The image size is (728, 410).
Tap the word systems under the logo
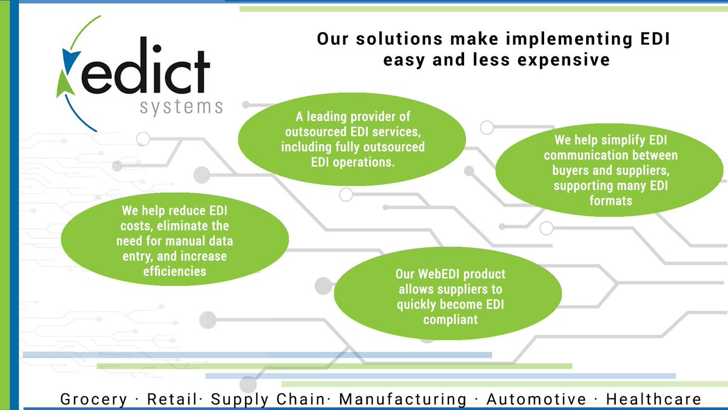[x=181, y=108]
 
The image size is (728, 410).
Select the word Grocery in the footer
[x=94, y=399]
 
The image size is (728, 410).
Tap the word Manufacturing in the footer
[x=403, y=399]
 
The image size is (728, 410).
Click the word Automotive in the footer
[x=536, y=399]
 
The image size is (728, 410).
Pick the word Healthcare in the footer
[x=653, y=399]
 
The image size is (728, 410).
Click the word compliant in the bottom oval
[x=450, y=319]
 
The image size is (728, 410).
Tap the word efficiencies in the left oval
[x=175, y=271]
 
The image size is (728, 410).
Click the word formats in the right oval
[x=611, y=200]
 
